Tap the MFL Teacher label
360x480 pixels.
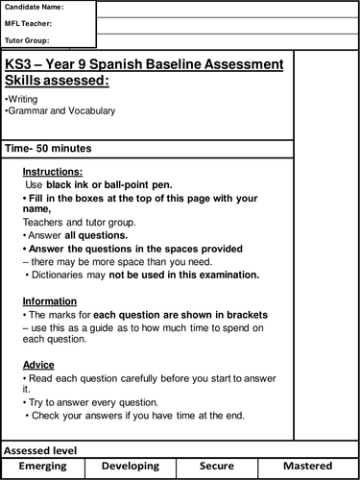pos(30,24)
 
